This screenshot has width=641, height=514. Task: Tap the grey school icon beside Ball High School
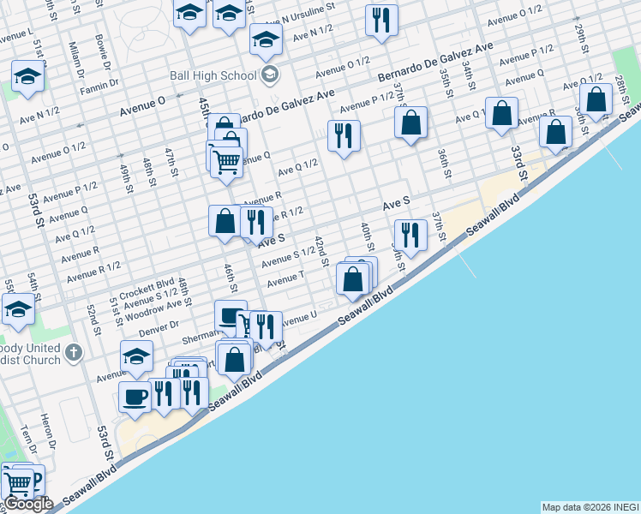[x=271, y=75]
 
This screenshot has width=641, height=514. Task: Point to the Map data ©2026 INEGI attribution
[x=590, y=507]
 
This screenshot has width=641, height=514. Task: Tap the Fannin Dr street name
[x=98, y=88]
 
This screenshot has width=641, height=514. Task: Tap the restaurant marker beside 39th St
[x=410, y=235]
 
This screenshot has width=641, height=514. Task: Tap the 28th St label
[x=620, y=88]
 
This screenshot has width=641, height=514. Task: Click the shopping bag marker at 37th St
[x=411, y=123]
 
